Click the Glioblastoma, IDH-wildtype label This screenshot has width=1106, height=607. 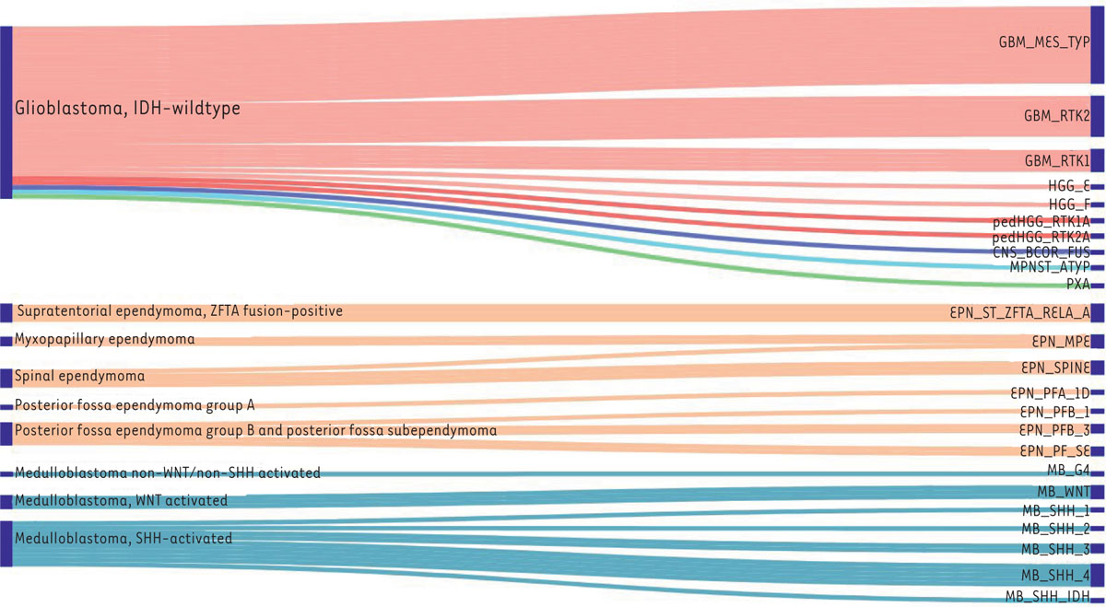click(x=127, y=109)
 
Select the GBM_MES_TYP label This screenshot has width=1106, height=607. click(x=1044, y=42)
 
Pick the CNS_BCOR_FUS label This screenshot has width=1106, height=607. click(x=1041, y=251)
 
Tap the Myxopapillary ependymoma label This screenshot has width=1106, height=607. click(x=104, y=339)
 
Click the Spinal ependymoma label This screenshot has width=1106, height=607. click(x=79, y=376)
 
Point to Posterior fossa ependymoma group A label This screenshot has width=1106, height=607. click(x=135, y=405)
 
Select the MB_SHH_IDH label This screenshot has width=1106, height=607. click(x=1047, y=597)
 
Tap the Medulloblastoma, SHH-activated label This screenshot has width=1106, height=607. click(x=124, y=538)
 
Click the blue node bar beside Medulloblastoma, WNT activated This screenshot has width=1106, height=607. click(x=6, y=501)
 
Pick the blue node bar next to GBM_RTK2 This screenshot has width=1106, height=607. click(x=1097, y=116)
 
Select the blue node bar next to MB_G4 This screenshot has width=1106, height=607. click(x=1097, y=472)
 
